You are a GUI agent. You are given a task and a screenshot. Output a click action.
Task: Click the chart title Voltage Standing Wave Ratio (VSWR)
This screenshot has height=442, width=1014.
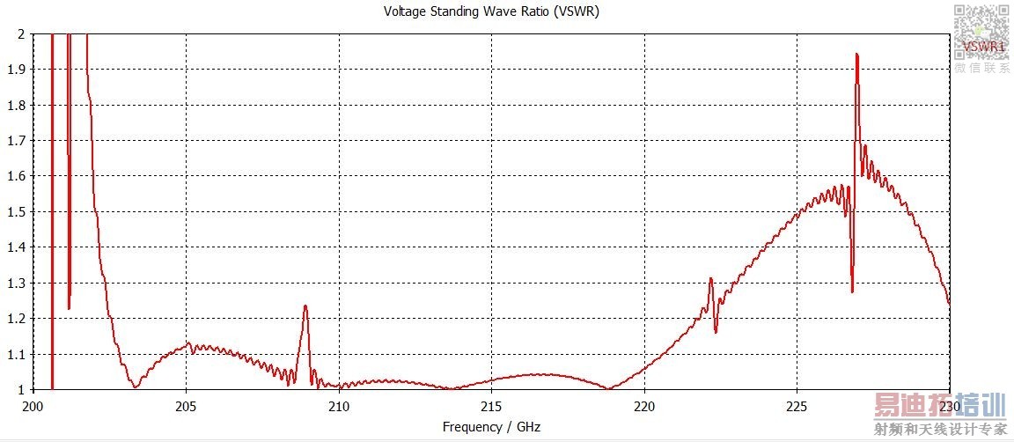(x=492, y=11)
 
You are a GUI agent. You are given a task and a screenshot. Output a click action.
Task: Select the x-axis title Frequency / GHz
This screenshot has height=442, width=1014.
(x=491, y=427)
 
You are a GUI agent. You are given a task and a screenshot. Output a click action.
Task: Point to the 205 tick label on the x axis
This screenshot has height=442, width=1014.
(x=186, y=407)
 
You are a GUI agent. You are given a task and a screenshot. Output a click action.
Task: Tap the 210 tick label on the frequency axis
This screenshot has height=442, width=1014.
(x=339, y=407)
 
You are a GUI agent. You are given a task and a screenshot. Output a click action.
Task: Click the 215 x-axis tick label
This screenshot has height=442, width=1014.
(x=491, y=407)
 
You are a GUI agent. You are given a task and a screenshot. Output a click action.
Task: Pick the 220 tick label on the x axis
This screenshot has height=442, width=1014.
(x=644, y=407)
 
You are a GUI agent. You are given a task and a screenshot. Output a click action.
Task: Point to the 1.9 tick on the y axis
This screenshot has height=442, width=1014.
(x=16, y=70)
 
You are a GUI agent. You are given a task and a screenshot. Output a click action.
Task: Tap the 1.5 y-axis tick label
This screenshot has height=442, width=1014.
(x=16, y=212)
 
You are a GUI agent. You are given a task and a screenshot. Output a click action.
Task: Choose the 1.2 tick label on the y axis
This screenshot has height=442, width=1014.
(x=16, y=319)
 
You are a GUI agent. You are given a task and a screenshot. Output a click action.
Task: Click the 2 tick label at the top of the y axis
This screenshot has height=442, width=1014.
(x=21, y=33)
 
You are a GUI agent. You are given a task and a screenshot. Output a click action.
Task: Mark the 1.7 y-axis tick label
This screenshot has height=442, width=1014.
(x=16, y=141)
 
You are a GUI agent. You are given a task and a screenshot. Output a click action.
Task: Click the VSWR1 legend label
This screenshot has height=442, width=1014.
(x=984, y=46)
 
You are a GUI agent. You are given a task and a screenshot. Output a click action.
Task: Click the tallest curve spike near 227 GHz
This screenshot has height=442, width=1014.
(x=856, y=55)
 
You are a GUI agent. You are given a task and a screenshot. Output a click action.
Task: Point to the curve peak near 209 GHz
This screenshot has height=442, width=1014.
(x=305, y=306)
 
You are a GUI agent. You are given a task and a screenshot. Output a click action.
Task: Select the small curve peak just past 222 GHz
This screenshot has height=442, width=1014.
(x=710, y=279)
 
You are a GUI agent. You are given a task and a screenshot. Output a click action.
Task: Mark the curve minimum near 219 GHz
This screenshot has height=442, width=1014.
(x=608, y=387)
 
